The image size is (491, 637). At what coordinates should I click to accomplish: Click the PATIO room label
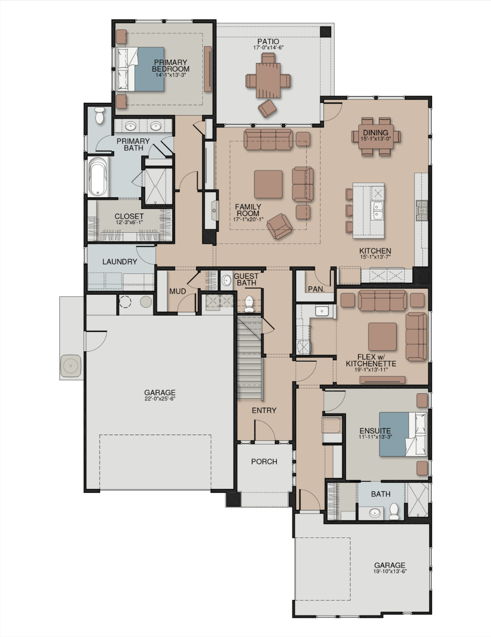(x=268, y=42)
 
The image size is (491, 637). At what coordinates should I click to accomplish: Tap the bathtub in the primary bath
(x=98, y=177)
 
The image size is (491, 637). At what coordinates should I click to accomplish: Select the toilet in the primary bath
(x=100, y=115)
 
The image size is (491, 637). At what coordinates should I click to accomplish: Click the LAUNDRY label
(x=119, y=262)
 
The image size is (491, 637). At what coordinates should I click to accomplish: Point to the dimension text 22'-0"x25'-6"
(x=160, y=399)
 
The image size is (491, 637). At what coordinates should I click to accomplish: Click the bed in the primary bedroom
(x=140, y=69)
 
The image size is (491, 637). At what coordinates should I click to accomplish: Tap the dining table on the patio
(x=268, y=81)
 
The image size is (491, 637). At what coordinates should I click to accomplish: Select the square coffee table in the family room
(x=268, y=184)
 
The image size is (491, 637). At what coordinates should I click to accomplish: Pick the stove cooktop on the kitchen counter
(x=422, y=210)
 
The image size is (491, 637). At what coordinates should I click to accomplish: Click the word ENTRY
(x=264, y=410)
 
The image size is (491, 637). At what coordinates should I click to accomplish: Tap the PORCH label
(x=264, y=462)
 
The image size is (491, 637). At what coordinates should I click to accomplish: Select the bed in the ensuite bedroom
(x=403, y=434)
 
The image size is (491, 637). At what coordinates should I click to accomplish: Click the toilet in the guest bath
(x=249, y=304)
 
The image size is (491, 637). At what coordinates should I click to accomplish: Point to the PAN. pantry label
(x=316, y=289)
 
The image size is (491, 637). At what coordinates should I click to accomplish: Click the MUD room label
(x=178, y=291)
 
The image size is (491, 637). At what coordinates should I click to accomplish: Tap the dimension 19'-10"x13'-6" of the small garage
(x=390, y=571)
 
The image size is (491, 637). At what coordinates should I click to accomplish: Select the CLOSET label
(x=129, y=216)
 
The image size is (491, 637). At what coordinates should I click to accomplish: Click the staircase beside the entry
(x=249, y=358)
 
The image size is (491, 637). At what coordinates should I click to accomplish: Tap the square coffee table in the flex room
(x=382, y=337)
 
